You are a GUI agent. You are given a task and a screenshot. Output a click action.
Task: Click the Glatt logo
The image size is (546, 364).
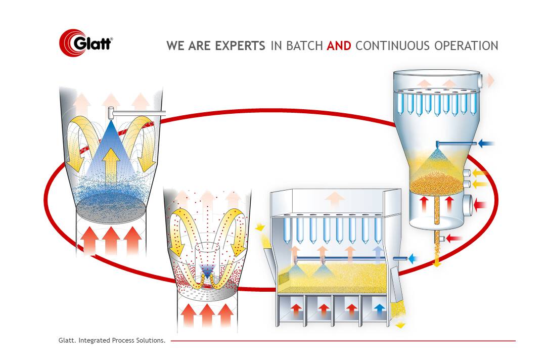[x=86, y=42]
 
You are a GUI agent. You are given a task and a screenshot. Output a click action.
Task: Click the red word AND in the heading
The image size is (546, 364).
[x=339, y=45]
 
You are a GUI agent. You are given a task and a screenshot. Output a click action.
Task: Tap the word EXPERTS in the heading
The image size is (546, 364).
[x=240, y=45]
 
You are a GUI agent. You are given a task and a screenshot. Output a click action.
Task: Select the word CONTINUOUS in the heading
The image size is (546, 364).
[x=392, y=45]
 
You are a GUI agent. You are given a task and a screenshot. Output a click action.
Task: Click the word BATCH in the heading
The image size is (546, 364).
[x=304, y=45]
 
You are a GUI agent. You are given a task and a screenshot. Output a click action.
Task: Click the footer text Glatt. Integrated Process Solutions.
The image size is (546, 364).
[x=112, y=340]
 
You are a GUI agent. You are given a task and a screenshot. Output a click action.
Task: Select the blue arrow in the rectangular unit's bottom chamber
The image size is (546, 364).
[x=379, y=309]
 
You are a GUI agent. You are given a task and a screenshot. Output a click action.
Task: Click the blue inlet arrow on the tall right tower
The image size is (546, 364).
[x=486, y=143]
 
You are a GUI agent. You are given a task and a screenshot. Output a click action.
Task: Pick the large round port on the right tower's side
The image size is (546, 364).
[x=468, y=204]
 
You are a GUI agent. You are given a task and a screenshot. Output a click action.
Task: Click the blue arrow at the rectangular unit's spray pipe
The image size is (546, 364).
[x=413, y=258]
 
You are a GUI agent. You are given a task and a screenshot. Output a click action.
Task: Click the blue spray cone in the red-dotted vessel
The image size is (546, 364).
[x=208, y=270]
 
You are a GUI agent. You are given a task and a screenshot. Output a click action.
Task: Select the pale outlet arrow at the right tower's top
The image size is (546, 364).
[x=489, y=80]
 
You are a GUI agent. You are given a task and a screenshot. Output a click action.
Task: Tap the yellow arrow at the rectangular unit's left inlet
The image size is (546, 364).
[x=260, y=227]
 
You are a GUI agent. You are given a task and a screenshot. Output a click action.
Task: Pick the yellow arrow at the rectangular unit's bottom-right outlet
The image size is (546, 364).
[x=400, y=325]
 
